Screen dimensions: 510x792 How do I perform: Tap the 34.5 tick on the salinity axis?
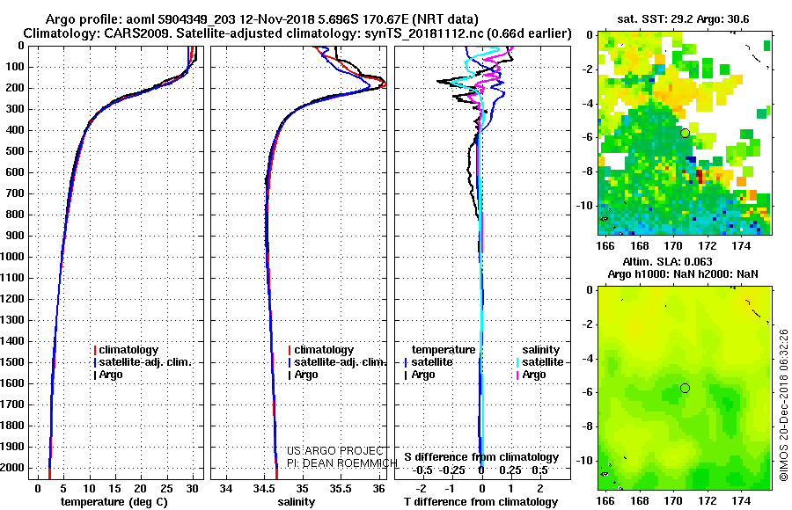pyautogui.click(x=264, y=487)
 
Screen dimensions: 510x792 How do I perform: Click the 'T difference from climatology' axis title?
pyautogui.click(x=480, y=502)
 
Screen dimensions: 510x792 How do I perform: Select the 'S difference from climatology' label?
pyautogui.click(x=480, y=457)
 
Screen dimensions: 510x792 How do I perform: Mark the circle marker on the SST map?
pyautogui.click(x=685, y=133)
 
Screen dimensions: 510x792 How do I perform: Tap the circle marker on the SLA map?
pyautogui.click(x=685, y=388)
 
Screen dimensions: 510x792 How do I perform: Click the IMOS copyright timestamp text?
pyautogui.click(x=784, y=406)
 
